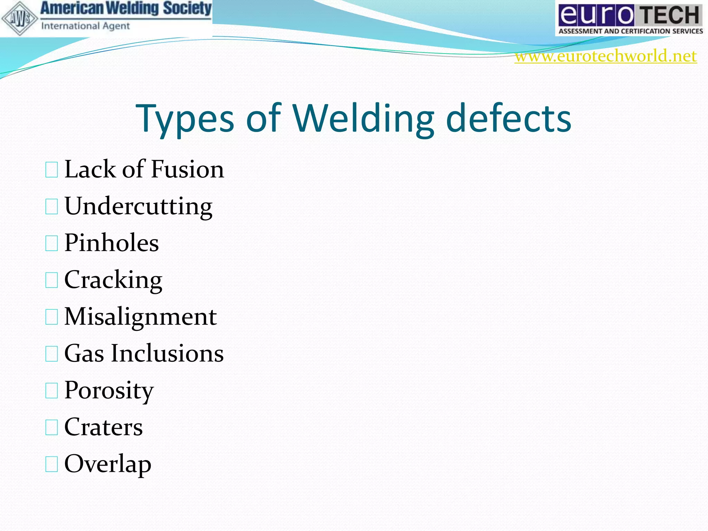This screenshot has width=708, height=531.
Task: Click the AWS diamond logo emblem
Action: coord(20,18)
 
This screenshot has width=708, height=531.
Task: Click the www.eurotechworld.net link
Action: coord(605,56)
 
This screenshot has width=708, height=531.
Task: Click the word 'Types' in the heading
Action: coord(185,119)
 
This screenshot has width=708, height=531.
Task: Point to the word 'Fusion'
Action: coord(187,169)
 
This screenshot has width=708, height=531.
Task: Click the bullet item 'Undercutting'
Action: coord(138,206)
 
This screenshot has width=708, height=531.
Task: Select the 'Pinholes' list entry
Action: coord(111,243)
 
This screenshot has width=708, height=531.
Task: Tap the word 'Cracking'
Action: coord(113,280)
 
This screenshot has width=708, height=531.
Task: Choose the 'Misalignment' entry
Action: coord(140,317)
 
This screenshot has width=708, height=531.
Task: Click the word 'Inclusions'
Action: coord(167,353)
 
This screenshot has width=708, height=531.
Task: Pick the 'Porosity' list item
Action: coord(109,391)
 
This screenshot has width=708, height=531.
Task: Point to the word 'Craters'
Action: coord(103,427)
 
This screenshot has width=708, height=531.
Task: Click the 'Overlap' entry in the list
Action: coord(108,464)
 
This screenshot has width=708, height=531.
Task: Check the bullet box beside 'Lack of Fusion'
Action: coord(52,170)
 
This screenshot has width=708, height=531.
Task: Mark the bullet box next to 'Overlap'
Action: coord(52,464)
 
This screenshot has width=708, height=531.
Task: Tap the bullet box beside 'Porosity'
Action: coord(52,391)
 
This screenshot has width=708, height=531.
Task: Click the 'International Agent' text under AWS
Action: coord(85,26)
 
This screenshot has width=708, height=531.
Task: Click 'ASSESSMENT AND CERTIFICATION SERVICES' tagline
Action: coord(631,31)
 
